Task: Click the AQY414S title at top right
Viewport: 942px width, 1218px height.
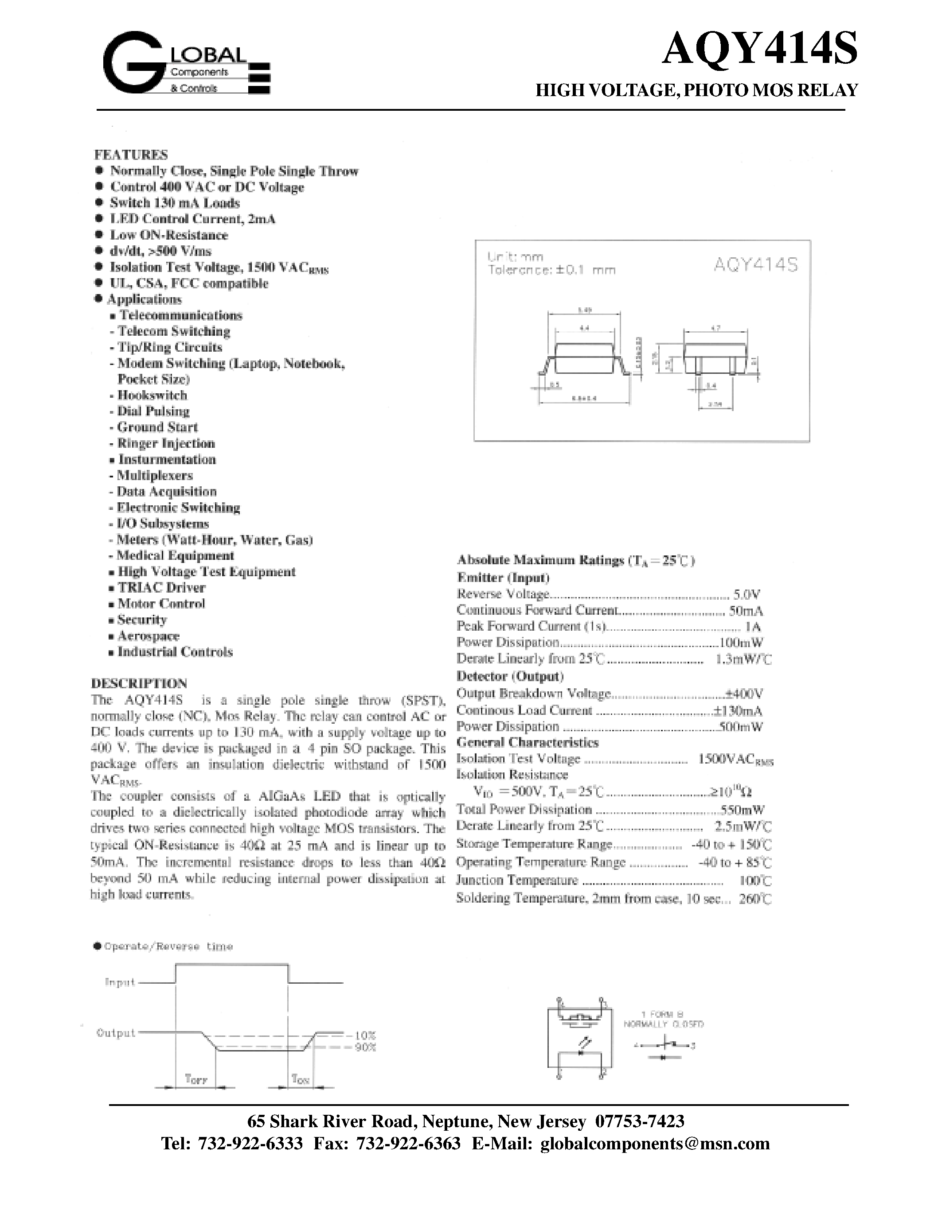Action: pos(759,50)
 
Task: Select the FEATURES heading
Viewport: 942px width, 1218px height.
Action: pos(131,155)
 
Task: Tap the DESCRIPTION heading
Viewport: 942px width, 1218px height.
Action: pos(139,683)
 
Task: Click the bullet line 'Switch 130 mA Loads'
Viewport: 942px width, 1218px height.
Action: pos(175,203)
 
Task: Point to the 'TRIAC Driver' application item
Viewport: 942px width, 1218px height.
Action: pos(161,588)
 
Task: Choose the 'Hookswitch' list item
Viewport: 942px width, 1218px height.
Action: pos(152,396)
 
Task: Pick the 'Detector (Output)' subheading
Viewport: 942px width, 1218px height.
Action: pos(510,676)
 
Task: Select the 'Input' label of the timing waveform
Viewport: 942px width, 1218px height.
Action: pos(120,982)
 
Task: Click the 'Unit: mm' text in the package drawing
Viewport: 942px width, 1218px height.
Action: pos(515,256)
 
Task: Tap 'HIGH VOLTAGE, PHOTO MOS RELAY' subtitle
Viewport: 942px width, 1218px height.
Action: pos(696,90)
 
